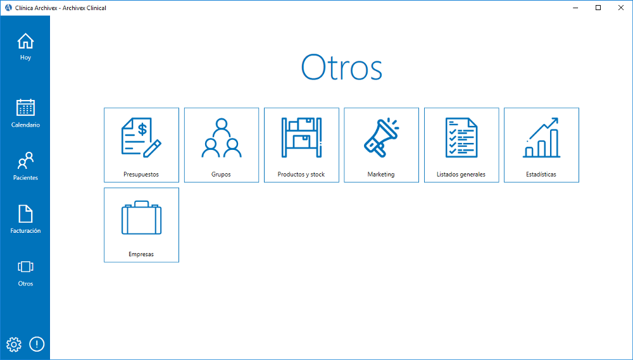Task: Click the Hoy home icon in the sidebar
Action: coord(25,41)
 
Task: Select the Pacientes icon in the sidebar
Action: coord(25,161)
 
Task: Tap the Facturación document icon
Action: coord(25,214)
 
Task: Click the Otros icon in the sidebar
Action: coord(25,267)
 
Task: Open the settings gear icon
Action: coord(14,344)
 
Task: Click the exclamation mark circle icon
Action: coord(37,344)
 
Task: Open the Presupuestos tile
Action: coord(141,145)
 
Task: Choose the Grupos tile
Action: coord(221,145)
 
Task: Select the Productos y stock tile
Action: coord(301,145)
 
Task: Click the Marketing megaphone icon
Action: coord(381,137)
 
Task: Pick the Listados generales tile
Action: coord(461,145)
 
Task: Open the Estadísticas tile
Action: coord(541,145)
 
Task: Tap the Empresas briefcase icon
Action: coord(141,218)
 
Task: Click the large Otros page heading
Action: coord(342,68)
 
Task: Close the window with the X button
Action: coord(621,8)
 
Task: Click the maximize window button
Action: coord(598,8)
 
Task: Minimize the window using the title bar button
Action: coord(575,8)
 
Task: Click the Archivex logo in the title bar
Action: coord(8,8)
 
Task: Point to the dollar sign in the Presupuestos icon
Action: coord(142,130)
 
